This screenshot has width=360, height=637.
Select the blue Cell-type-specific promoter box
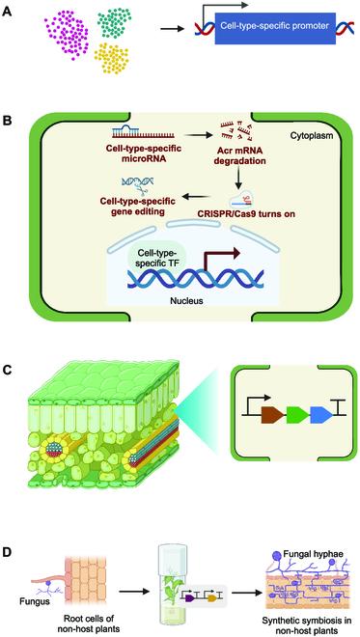click(273, 33)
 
